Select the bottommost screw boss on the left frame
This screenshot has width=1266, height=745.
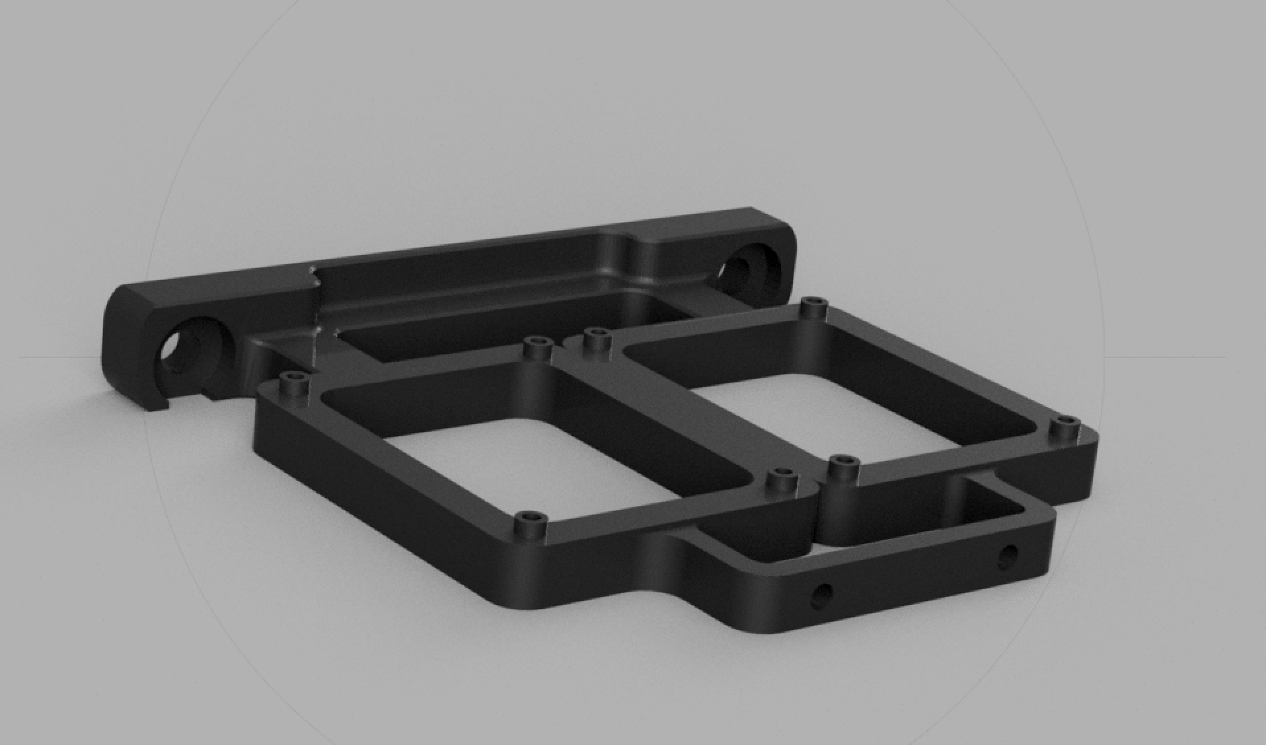(x=529, y=520)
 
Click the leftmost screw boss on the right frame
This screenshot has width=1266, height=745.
(x=597, y=335)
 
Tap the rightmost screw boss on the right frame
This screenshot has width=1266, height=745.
(x=1064, y=425)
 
